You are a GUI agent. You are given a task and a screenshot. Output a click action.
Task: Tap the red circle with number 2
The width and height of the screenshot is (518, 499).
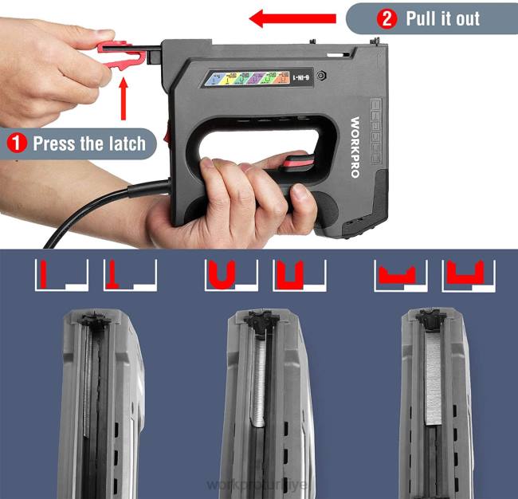387,19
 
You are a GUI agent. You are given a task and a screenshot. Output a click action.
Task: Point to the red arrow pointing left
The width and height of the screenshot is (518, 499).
292,18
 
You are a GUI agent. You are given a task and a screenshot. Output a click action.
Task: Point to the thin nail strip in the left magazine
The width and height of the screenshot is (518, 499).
84,383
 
